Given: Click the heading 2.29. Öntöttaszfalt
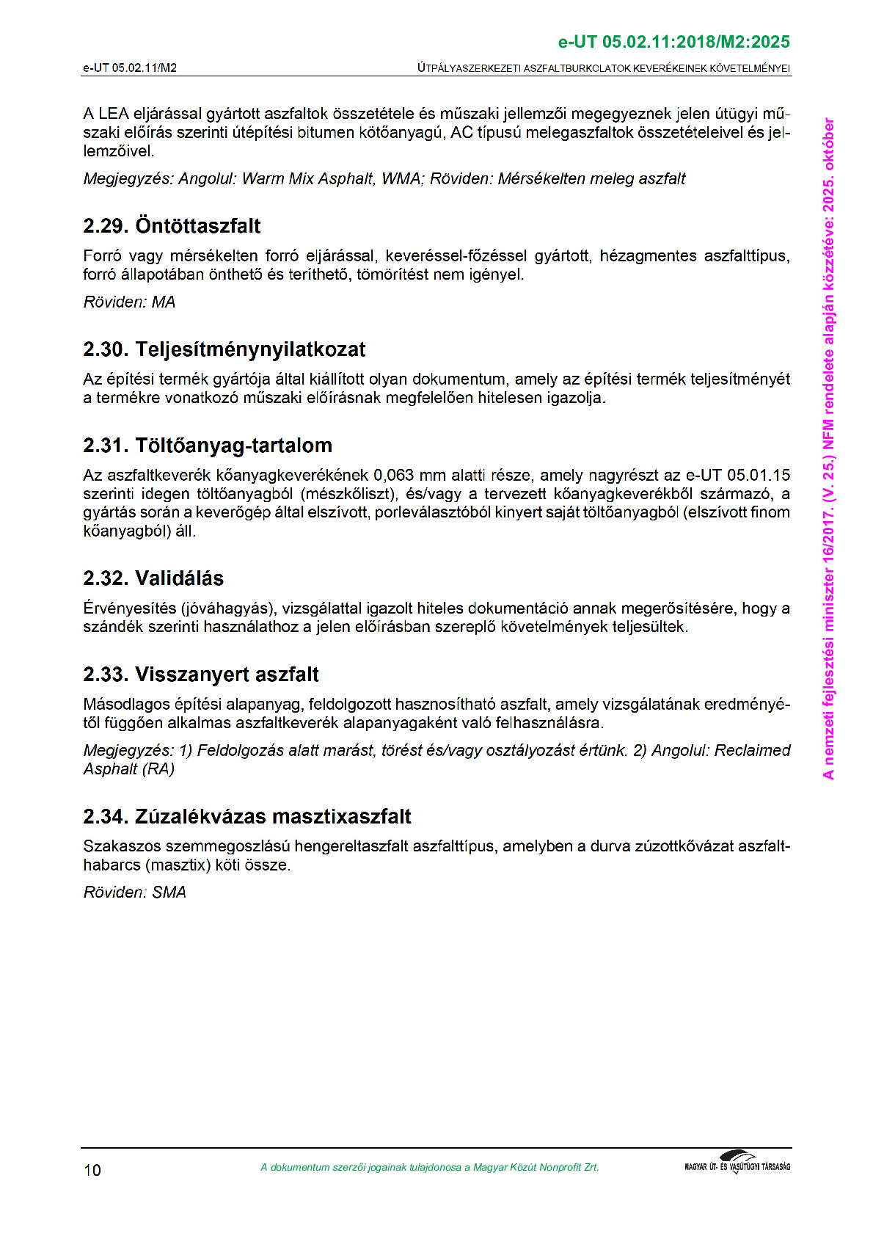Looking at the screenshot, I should point(172,226).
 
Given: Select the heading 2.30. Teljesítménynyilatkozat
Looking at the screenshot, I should point(224,349).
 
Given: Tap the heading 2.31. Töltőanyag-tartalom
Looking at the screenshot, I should point(208,446).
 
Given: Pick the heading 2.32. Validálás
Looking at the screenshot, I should point(153,578).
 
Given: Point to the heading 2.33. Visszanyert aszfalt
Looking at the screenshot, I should point(201,675).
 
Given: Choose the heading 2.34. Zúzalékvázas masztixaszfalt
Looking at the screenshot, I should point(247,817).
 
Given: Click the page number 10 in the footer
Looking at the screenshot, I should point(92,1170).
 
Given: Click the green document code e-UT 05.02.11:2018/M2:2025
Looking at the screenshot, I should point(673,42).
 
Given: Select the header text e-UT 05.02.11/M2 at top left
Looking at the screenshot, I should point(130,68).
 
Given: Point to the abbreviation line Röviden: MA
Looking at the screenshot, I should point(129,302).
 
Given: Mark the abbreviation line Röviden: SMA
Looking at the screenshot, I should point(134,893).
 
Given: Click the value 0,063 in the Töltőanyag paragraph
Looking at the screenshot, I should point(394,476).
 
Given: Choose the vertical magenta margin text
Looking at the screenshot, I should point(828,448).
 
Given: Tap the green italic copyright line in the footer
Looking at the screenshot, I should point(429,1168).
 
